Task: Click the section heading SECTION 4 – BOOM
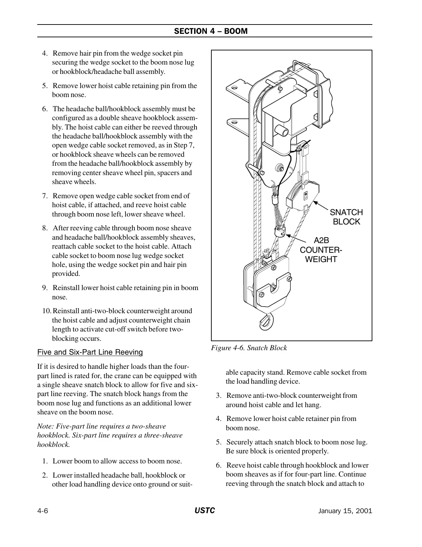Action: point(211,31)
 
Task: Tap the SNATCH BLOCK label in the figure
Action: point(346,217)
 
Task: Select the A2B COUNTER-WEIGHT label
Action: point(321,250)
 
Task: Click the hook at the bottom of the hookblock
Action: point(265,321)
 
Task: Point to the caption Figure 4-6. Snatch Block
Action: point(249,348)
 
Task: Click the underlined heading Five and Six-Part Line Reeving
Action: point(90,352)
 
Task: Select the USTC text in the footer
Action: point(204,511)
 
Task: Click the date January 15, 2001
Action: point(345,511)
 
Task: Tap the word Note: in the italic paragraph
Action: point(46,426)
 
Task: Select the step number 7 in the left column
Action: point(45,196)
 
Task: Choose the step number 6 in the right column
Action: point(219,465)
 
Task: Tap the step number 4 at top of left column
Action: point(45,53)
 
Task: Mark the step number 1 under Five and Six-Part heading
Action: point(45,461)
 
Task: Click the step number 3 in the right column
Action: point(219,395)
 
